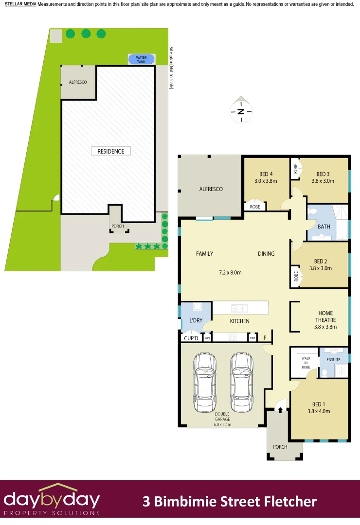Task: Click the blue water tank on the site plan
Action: pos(142,59)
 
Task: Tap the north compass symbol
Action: pos(241,111)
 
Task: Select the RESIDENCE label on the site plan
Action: pos(111,151)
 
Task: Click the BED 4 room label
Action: pos(266,174)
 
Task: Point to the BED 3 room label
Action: pos(323,174)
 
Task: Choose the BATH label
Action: pos(324,227)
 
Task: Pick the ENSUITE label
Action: pos(334,360)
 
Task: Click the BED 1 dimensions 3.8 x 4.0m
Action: pos(319,411)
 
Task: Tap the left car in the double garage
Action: pos(205,377)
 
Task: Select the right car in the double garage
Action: pos(242,377)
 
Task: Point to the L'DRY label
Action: pos(196,321)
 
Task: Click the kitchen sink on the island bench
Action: pos(240,308)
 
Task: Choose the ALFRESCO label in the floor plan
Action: pos(211,189)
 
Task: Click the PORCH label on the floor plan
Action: pos(280,447)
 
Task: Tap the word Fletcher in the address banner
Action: pos(290,501)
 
